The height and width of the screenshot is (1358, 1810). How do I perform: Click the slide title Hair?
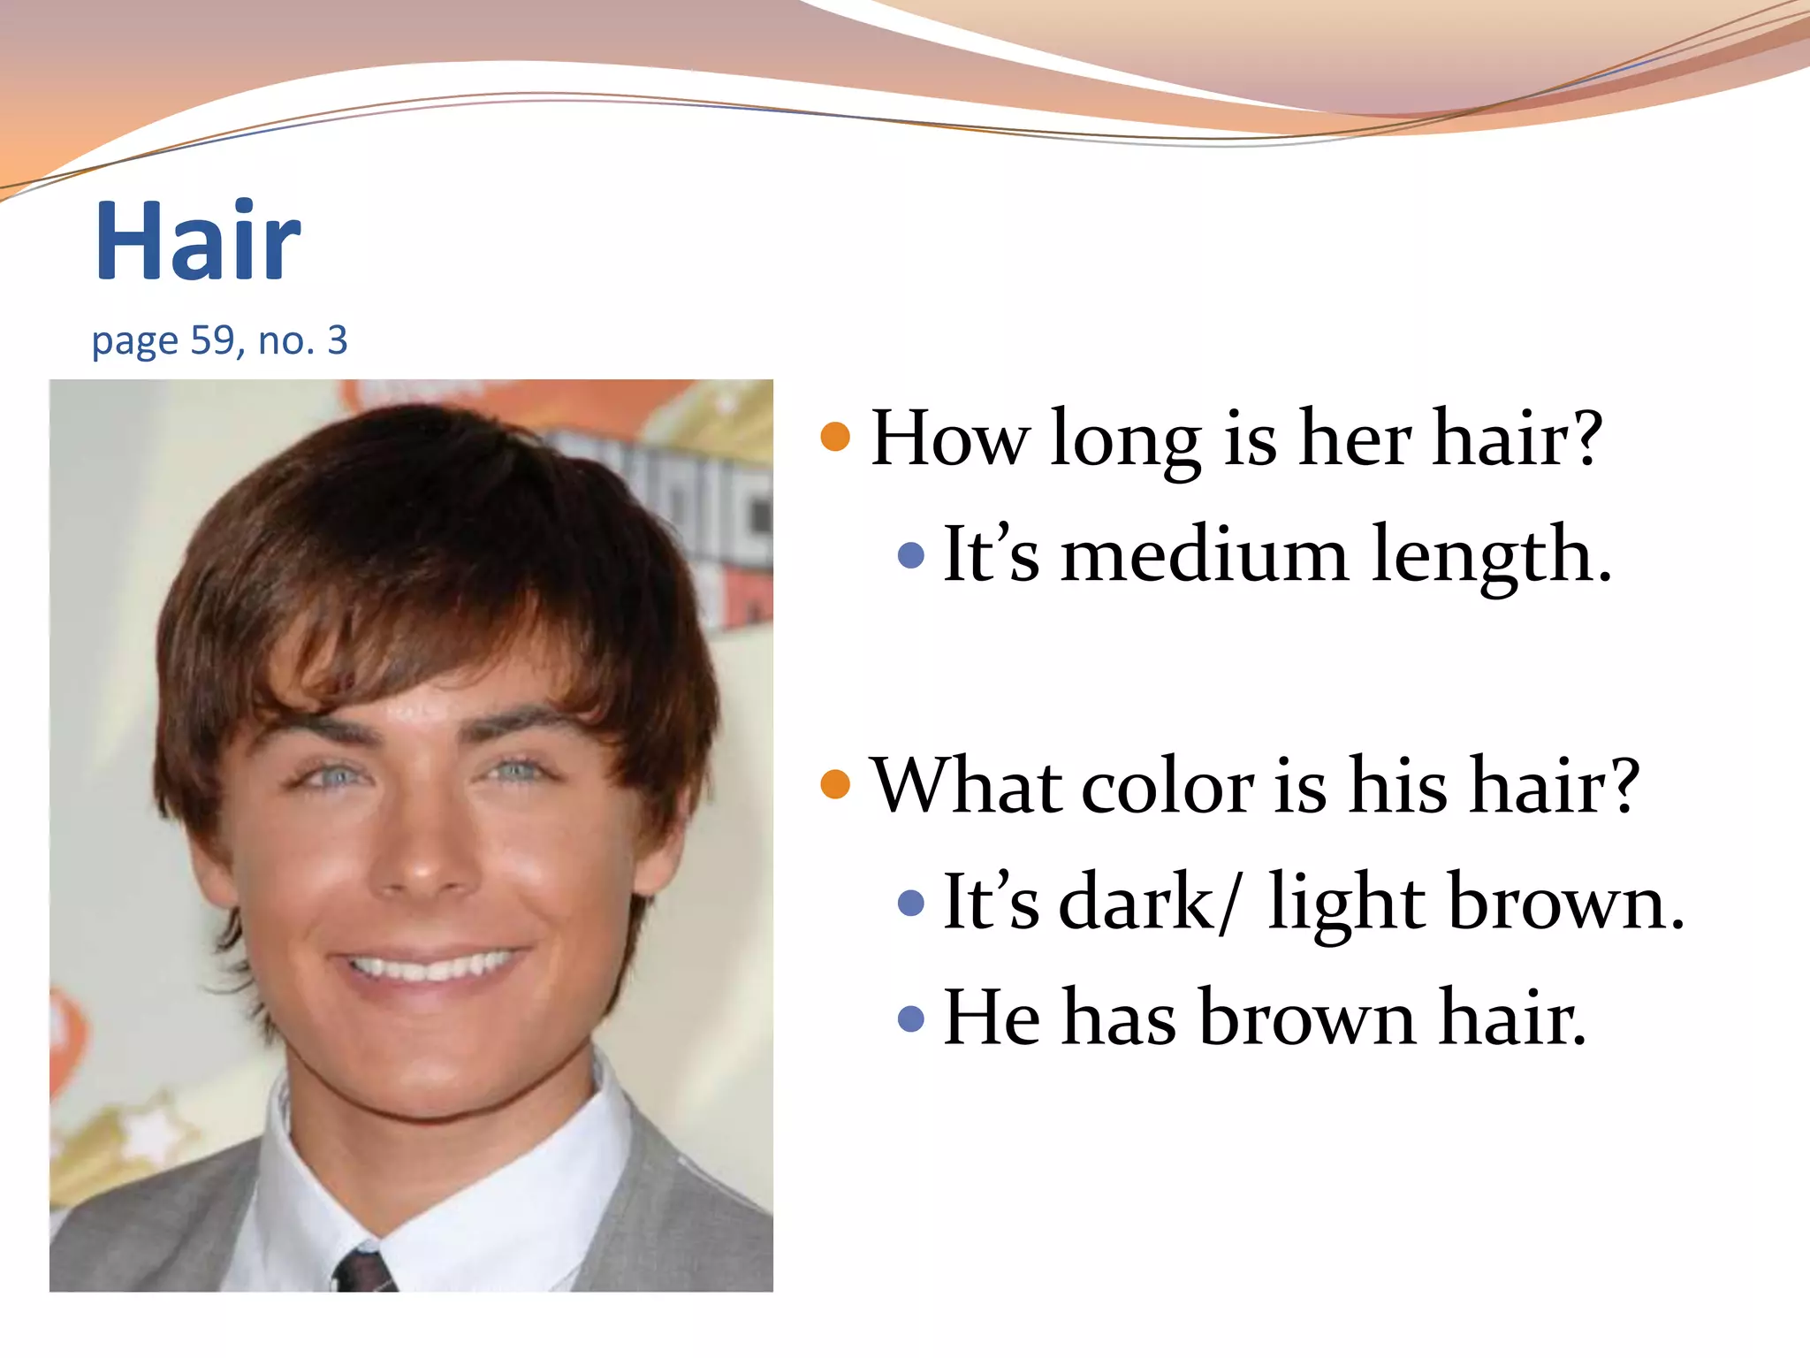point(198,240)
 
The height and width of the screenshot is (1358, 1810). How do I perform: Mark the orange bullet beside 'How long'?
point(835,437)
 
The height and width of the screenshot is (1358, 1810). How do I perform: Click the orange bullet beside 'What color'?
point(835,784)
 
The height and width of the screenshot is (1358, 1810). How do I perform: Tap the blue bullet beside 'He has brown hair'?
point(910,1019)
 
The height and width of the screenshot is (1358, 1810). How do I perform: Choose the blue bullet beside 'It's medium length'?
point(910,555)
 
